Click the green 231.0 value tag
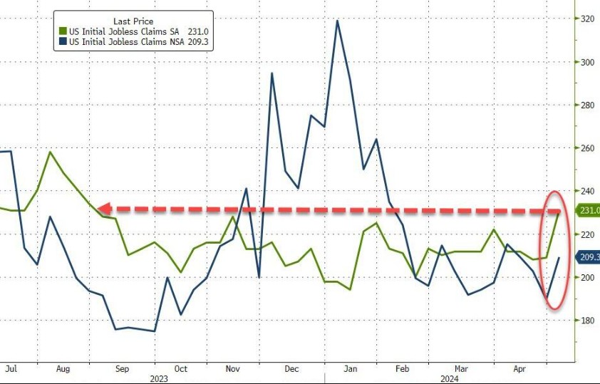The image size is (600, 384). (589, 211)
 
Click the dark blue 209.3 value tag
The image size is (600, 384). (588, 257)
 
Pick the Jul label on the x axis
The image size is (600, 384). (10, 369)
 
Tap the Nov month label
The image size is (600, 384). (232, 369)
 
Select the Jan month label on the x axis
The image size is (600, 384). (350, 369)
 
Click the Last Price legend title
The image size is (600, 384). (133, 21)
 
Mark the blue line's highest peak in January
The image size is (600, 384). (336, 20)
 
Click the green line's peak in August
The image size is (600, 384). (50, 152)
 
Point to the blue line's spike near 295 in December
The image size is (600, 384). (271, 73)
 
